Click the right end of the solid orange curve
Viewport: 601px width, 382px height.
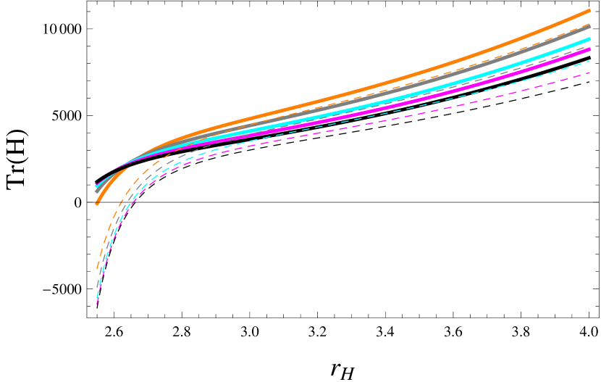(590, 11)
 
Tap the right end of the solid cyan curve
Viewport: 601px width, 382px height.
(590, 39)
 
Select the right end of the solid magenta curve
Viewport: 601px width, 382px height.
(590, 49)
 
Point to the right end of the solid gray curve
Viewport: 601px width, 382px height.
(590, 26)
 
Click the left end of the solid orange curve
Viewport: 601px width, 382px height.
(96, 204)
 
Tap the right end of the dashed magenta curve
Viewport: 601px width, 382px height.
(590, 72)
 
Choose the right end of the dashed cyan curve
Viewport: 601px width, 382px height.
(590, 62)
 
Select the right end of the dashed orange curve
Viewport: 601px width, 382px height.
(590, 24)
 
